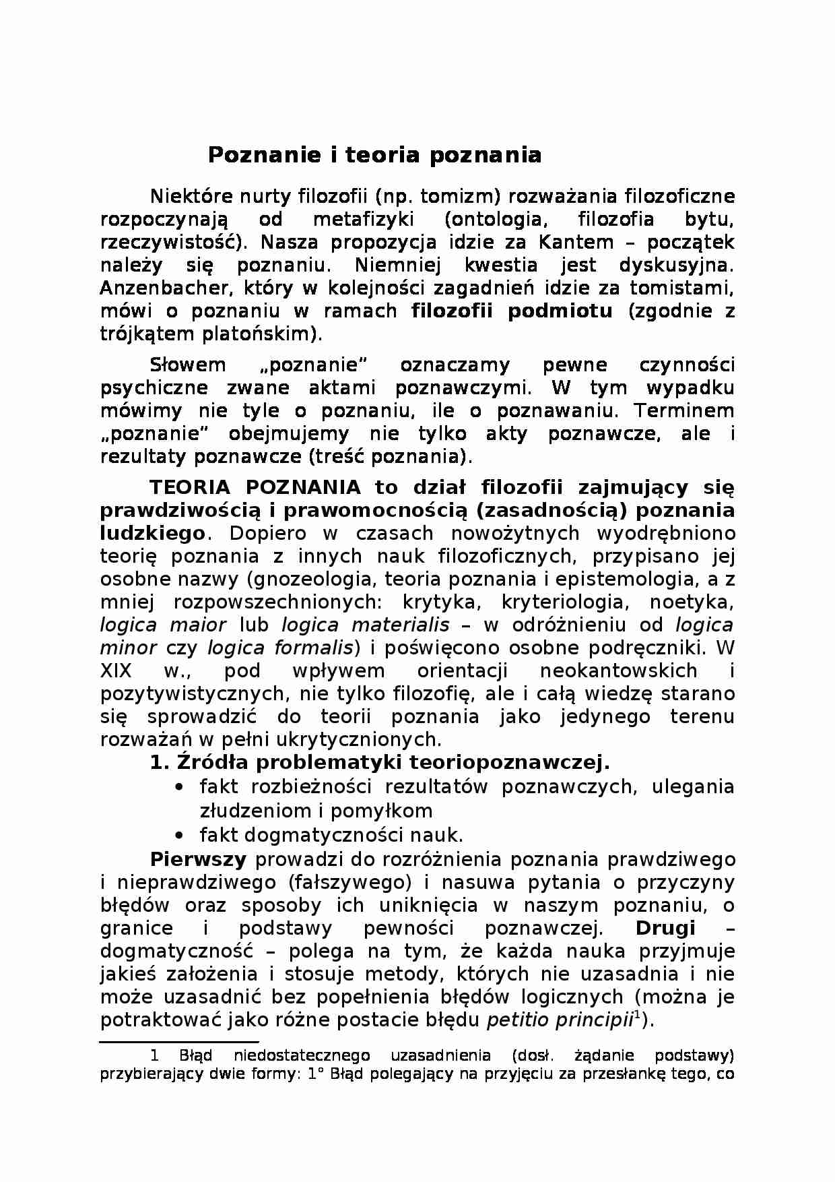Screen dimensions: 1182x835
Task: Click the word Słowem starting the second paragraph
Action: coord(187,365)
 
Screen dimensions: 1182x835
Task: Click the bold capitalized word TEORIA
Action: coord(190,487)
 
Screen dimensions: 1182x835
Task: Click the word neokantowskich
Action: coord(618,671)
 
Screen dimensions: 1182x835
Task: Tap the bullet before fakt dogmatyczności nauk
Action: coord(179,836)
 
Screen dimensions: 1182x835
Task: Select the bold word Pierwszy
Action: coord(198,859)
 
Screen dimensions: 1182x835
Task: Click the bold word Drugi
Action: coord(665,928)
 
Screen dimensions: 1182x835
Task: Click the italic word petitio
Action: coord(517,1020)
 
